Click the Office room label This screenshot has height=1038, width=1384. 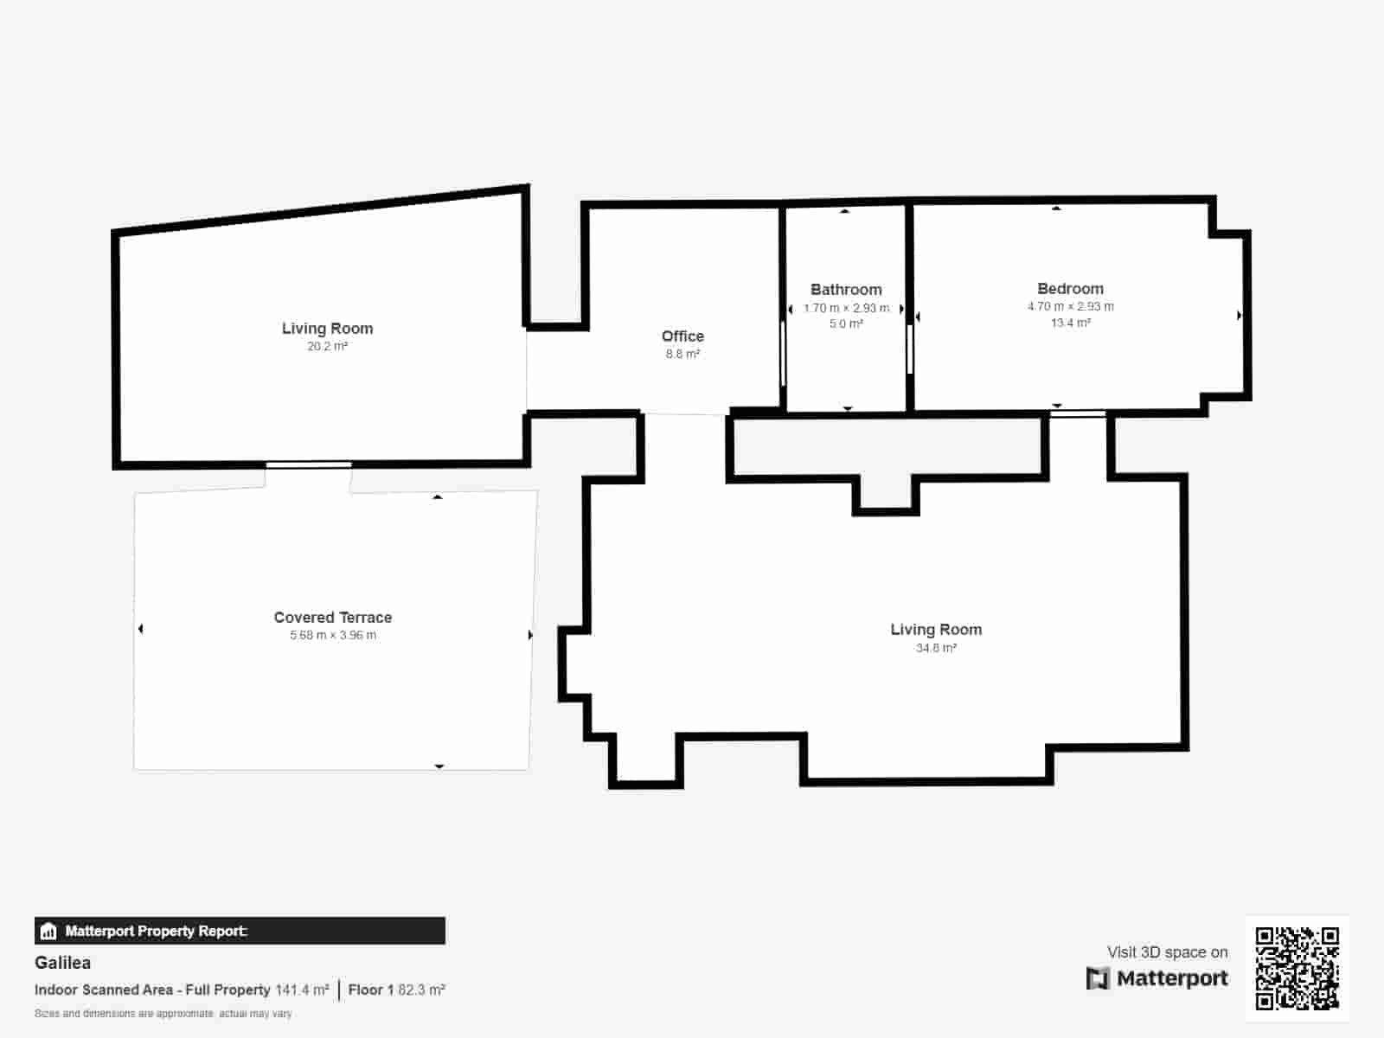pos(682,336)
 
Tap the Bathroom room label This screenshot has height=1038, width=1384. pos(846,290)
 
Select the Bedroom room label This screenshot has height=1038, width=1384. pos(1070,289)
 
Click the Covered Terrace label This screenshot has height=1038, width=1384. pos(333,618)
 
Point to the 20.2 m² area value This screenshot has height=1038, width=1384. pos(327,347)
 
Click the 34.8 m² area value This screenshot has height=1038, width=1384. pos(936,648)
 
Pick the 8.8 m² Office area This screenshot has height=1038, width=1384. pos(682,355)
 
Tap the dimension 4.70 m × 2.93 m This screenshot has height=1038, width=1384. pos(1070,307)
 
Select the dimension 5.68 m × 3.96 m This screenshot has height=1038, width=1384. pos(333,636)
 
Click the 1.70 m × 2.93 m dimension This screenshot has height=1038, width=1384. pos(846,308)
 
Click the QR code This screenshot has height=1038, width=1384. pos(1297,968)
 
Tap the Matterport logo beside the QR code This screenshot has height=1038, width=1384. pos(1157,978)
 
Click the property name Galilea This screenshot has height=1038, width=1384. pos(62,963)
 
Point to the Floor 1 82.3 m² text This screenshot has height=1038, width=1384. pos(396,990)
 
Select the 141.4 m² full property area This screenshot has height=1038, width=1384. pos(302,990)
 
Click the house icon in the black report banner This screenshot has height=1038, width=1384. pos(48,932)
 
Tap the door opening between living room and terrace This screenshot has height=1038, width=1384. pos(308,465)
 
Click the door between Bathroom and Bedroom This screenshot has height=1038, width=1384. pos(910,349)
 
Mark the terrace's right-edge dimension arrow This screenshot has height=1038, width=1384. pos(530,635)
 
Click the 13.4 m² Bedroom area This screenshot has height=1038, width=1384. pos(1070,324)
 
